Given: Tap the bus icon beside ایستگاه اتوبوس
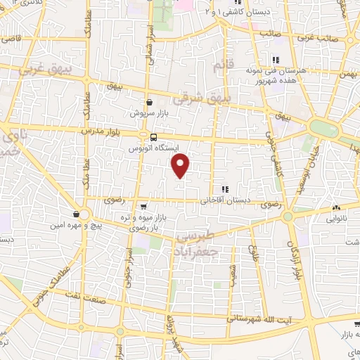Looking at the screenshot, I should [x=143, y=137].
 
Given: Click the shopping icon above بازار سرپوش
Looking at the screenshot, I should [x=149, y=102].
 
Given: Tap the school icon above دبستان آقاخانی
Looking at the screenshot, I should [x=225, y=189].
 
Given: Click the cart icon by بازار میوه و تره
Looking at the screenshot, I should [x=143, y=207].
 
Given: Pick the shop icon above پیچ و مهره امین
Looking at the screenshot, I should [x=76, y=214].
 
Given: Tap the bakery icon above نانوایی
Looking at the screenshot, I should [x=336, y=208].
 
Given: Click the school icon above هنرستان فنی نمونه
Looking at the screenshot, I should [x=276, y=60].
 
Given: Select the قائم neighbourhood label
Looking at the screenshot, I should [x=221, y=67].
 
